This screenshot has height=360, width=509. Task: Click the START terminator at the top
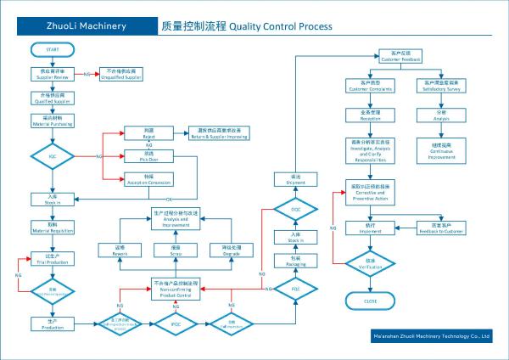click(x=53, y=52)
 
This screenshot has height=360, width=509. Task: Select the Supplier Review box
click(x=53, y=74)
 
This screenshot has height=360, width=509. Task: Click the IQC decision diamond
click(x=53, y=156)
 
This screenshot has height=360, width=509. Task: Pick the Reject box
click(x=149, y=132)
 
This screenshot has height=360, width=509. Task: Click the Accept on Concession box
click(x=149, y=179)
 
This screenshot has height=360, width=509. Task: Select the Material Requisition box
click(x=53, y=229)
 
